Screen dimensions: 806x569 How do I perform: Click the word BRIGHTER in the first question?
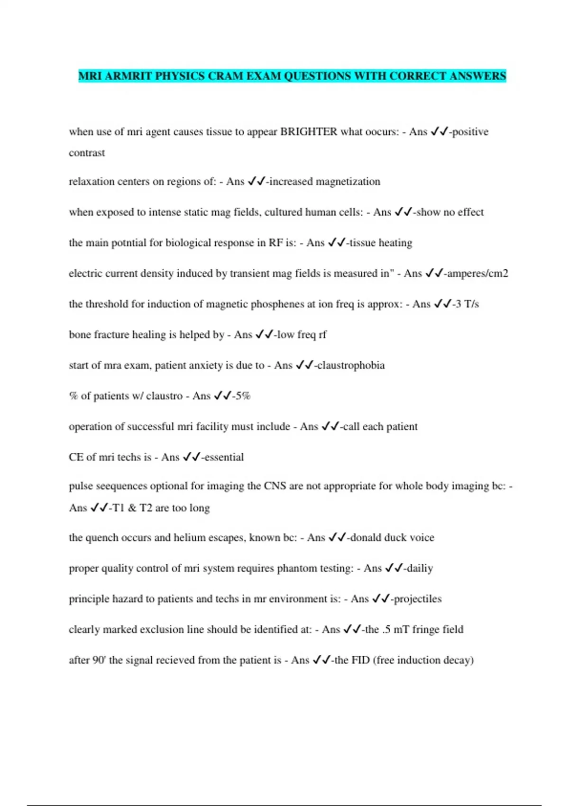309,132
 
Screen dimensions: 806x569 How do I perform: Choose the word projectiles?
418,599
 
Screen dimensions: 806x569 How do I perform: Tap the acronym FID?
360,660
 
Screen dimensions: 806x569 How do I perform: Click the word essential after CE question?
224,458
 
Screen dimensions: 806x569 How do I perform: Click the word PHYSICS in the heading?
180,76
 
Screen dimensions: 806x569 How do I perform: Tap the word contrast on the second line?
87,153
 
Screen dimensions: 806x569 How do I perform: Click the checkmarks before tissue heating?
337,243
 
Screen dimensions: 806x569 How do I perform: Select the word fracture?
111,335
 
